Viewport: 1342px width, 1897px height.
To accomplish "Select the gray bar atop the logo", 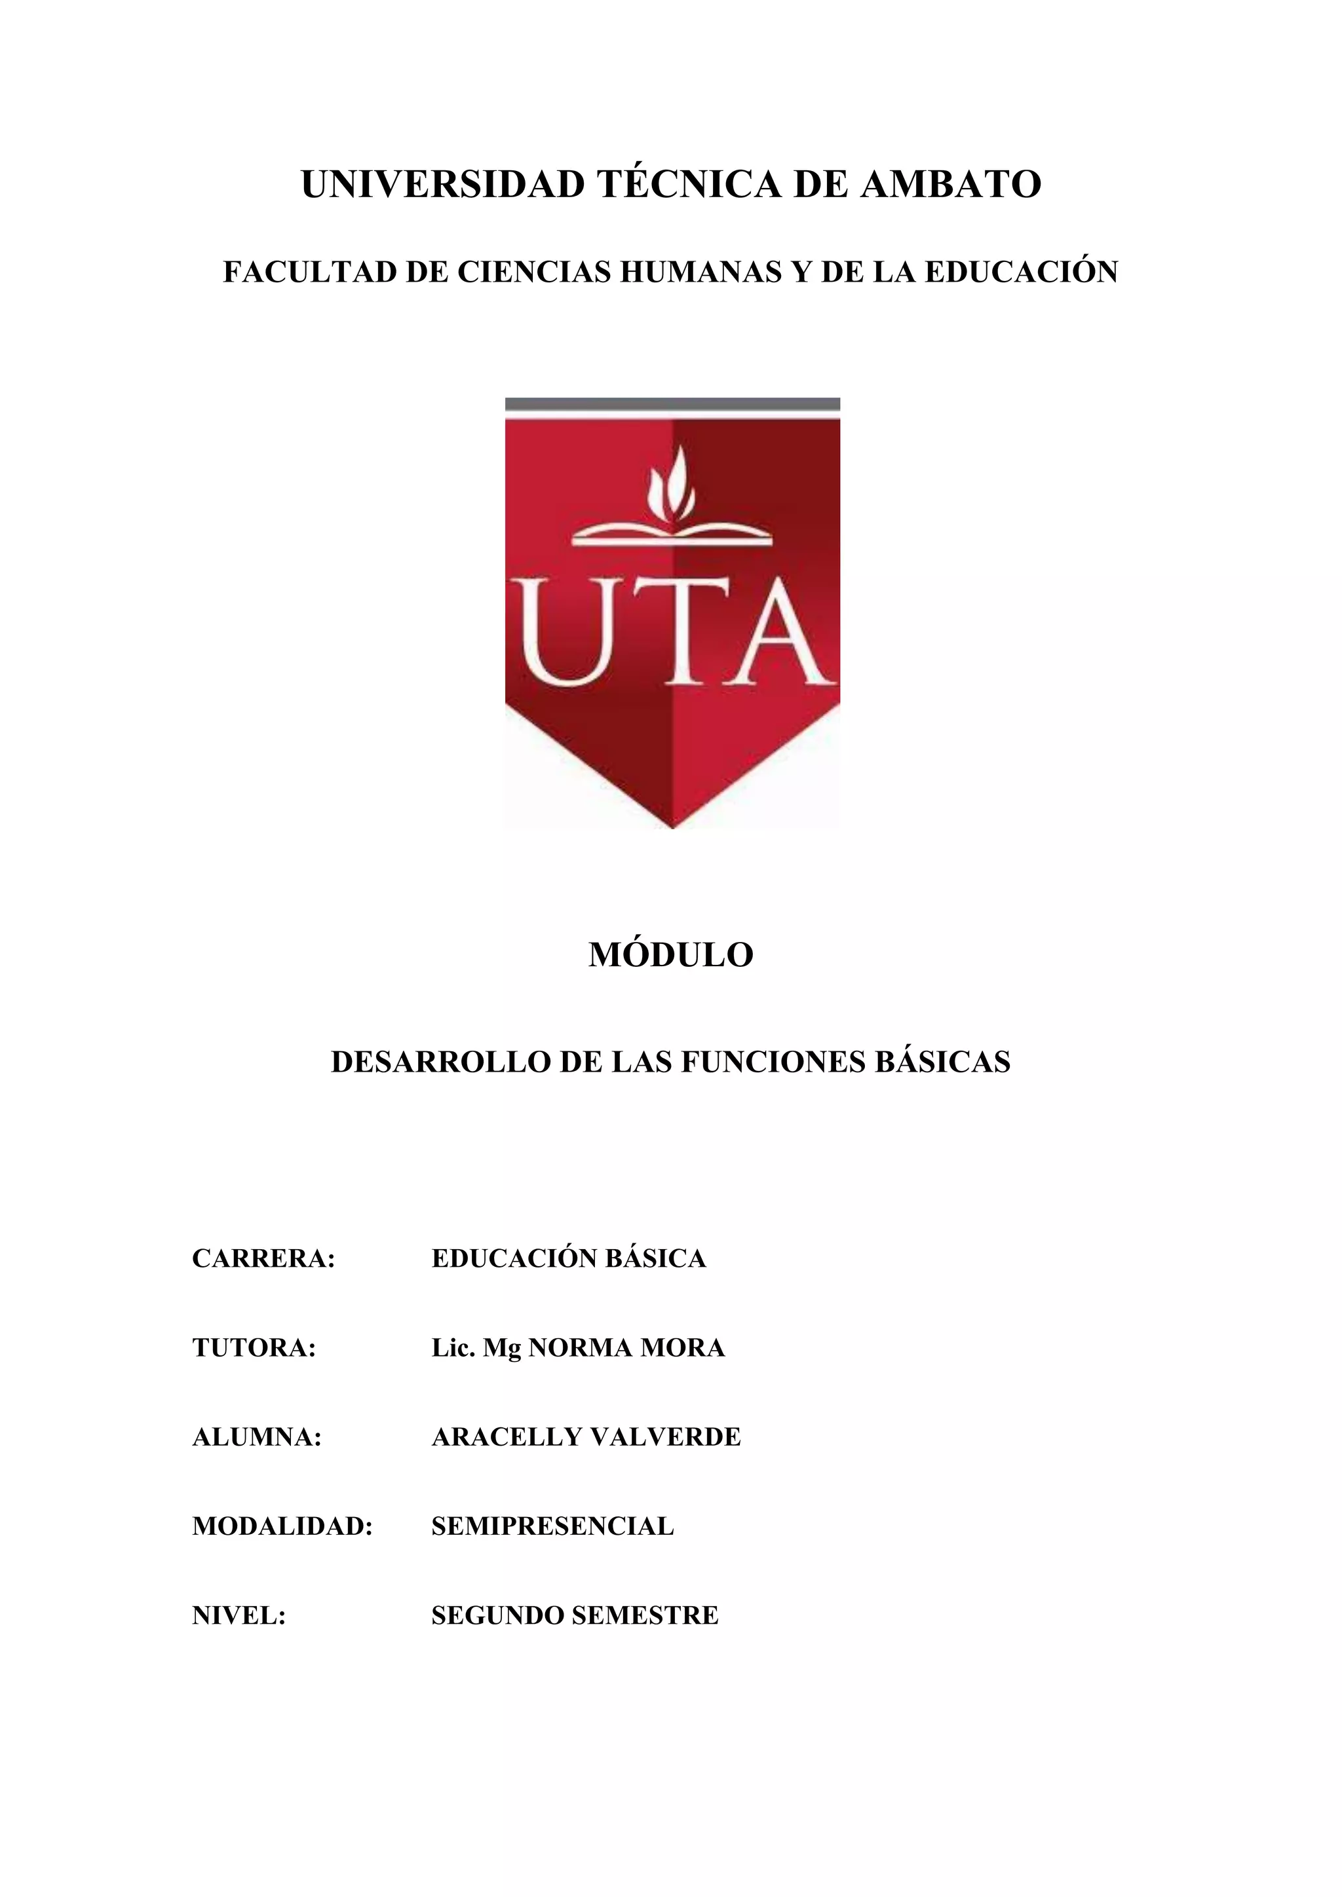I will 672,404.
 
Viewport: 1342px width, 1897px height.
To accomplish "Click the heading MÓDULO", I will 671,955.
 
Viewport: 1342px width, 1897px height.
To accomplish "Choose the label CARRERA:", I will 263,1258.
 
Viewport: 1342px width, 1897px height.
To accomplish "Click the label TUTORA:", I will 254,1347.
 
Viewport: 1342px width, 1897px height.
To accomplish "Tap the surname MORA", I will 683,1347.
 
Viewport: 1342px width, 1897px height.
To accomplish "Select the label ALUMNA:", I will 257,1437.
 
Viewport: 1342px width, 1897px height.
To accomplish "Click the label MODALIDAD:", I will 282,1526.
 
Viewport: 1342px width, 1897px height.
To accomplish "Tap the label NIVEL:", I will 239,1615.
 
